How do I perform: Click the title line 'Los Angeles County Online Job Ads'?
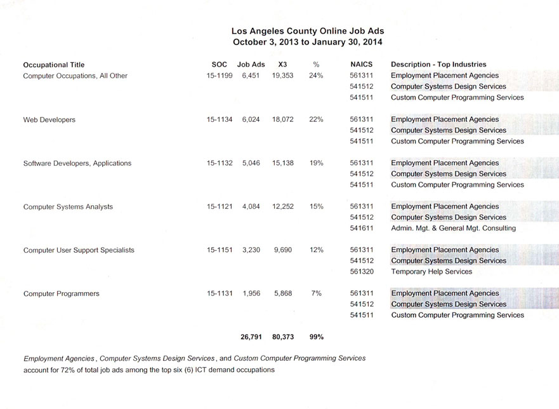click(308, 30)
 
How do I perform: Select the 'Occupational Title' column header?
click(53, 64)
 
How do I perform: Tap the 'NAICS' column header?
click(361, 64)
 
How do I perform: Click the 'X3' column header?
click(283, 64)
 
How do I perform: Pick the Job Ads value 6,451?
click(251, 76)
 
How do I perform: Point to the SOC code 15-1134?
click(220, 119)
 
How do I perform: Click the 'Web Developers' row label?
click(49, 119)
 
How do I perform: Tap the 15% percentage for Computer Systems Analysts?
click(316, 206)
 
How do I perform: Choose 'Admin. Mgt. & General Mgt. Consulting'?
click(453, 228)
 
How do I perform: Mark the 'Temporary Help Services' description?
click(431, 272)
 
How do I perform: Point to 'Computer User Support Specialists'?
click(79, 250)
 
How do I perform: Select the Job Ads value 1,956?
click(251, 293)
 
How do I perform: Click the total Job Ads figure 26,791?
click(251, 337)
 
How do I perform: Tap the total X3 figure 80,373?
click(282, 337)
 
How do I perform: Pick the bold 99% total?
click(316, 337)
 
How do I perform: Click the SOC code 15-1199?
click(220, 76)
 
